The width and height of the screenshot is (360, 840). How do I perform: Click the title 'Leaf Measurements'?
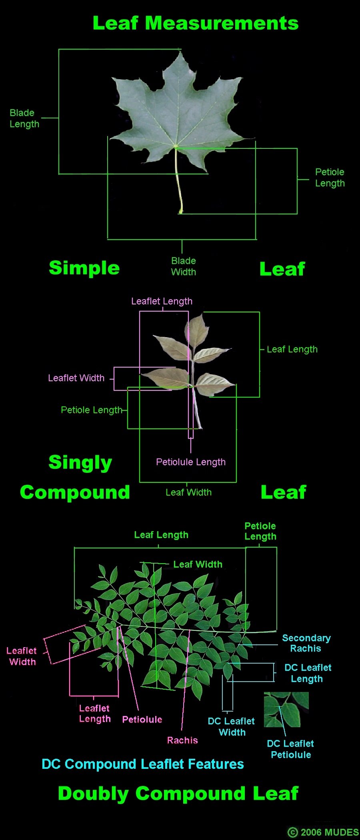point(196,23)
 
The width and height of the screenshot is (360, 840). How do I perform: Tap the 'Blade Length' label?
point(24,118)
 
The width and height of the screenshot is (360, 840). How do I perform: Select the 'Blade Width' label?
point(184,266)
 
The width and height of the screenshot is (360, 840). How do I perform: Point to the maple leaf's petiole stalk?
point(178,180)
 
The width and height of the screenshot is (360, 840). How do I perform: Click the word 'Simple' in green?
point(84,268)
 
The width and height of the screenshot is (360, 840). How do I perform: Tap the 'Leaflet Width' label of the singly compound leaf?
point(76,378)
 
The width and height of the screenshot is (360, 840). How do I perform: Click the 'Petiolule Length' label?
point(191,462)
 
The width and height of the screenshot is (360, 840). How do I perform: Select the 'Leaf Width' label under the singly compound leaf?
point(188,492)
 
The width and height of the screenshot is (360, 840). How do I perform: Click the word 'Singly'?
point(80,463)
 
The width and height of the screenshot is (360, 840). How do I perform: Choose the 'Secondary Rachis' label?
point(306,643)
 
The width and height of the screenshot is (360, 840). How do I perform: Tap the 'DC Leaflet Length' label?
point(308,673)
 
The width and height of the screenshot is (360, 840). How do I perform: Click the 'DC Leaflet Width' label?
point(232,727)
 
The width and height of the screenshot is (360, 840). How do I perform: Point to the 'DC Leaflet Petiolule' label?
point(290,749)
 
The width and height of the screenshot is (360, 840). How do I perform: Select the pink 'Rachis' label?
point(182,740)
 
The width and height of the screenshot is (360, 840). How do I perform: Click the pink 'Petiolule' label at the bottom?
point(142,720)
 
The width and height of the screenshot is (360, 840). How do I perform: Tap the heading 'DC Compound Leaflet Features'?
point(143,764)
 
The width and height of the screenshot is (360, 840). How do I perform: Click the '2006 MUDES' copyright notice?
point(323,832)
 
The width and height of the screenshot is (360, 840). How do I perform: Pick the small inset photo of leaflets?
point(286,710)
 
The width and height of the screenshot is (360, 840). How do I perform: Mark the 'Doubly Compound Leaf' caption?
point(178,794)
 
